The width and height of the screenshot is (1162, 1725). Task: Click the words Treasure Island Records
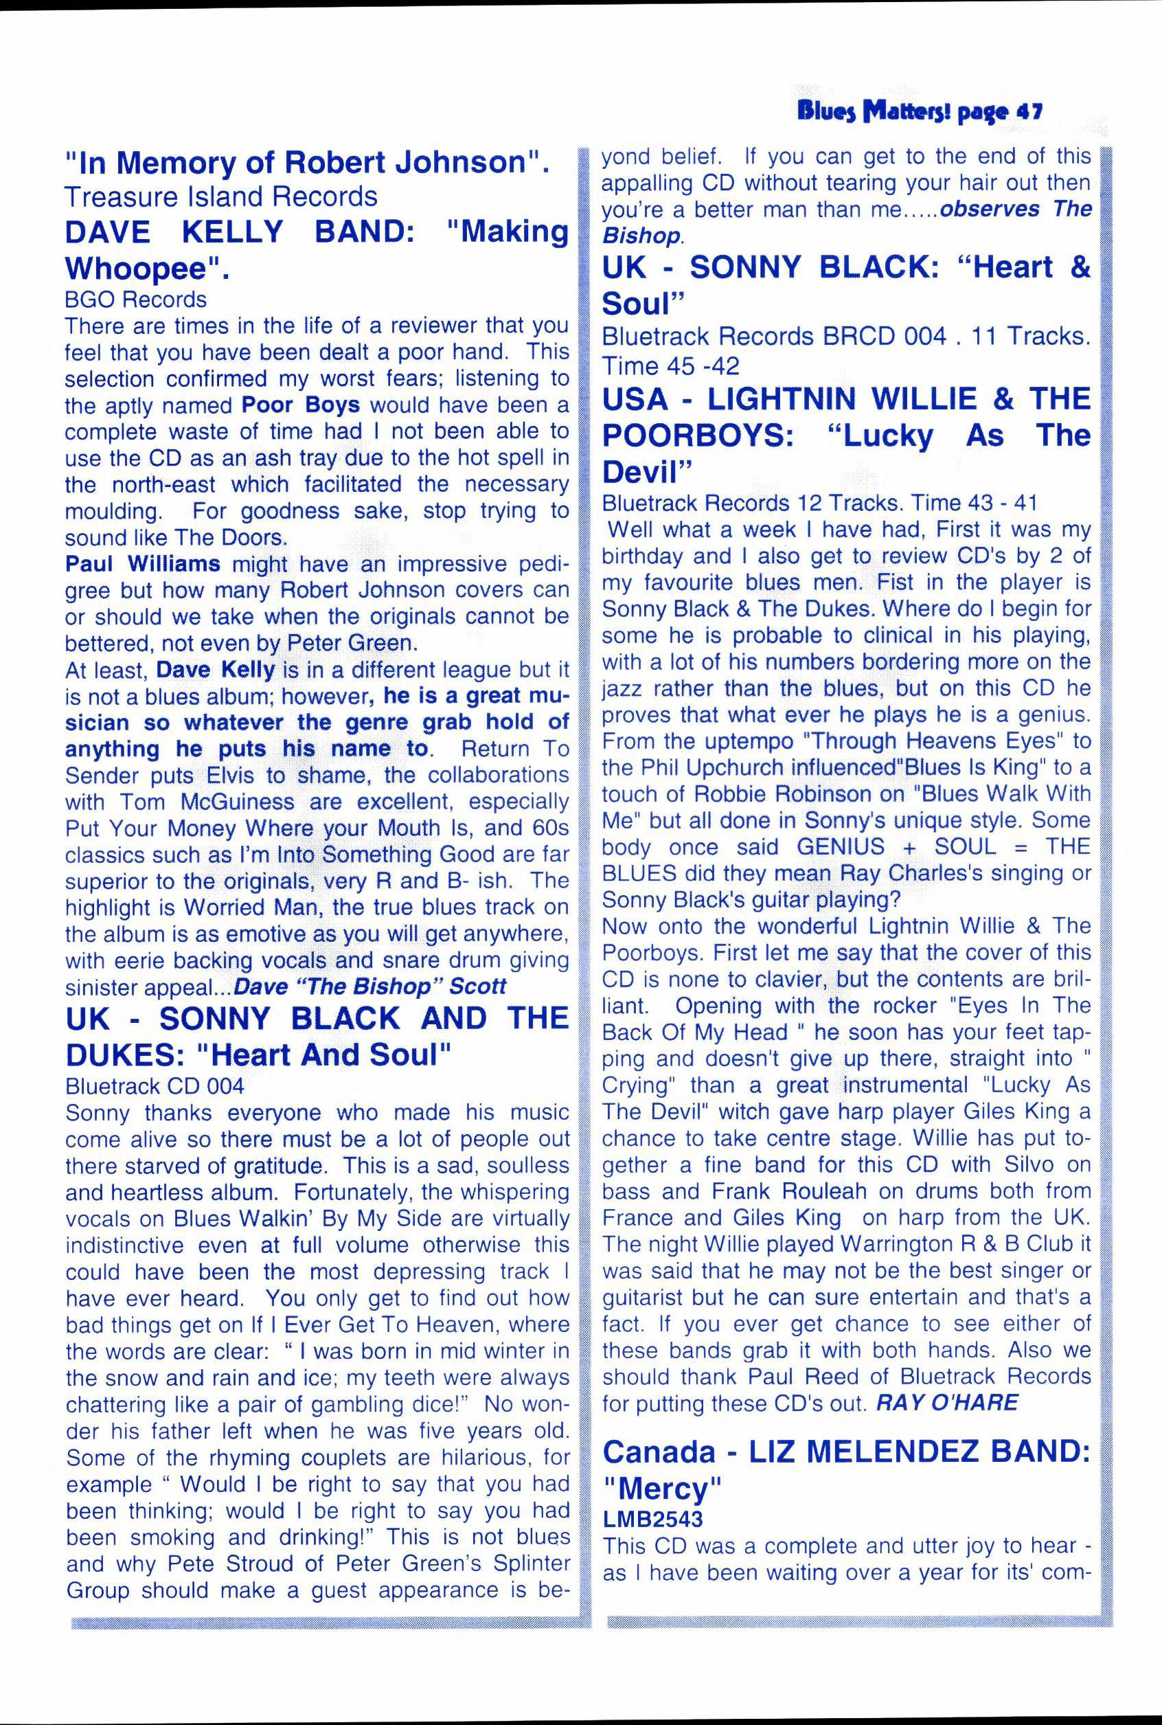coord(221,196)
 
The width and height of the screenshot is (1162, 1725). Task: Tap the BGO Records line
coord(135,300)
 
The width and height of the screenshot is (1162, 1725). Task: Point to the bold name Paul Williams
coord(142,563)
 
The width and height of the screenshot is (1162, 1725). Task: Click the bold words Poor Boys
coord(301,405)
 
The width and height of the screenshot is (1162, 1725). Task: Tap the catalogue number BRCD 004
coord(884,337)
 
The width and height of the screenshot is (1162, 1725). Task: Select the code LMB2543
coord(652,1519)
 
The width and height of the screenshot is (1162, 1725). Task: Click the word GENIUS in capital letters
coord(841,846)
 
